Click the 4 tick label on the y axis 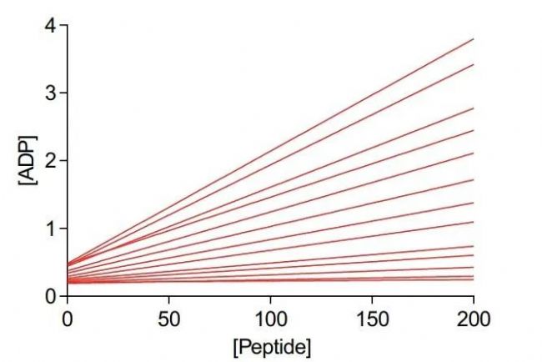click(52, 25)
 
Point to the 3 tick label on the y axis click(52, 93)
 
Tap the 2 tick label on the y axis click(52, 160)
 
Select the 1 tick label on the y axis click(52, 229)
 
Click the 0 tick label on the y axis click(52, 296)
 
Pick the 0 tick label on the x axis click(68, 318)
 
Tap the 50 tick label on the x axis click(168, 318)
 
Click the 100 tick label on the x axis click(270, 318)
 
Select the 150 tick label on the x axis click(372, 318)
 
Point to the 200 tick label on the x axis click(473, 318)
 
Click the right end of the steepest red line click(473, 39)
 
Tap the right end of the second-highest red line click(473, 64)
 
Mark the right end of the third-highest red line click(473, 108)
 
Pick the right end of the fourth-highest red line click(473, 130)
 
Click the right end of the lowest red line click(473, 279)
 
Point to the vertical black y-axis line click(68, 167)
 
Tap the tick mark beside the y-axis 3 click(63, 93)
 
